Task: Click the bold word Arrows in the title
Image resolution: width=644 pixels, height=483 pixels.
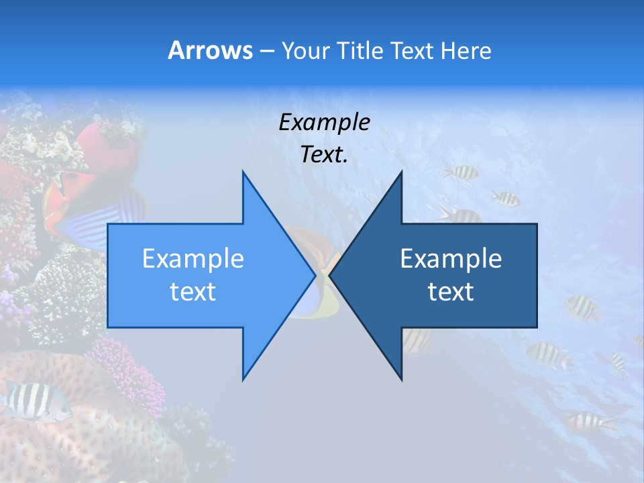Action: click(x=210, y=50)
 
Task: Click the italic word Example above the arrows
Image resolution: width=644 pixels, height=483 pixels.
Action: click(x=324, y=123)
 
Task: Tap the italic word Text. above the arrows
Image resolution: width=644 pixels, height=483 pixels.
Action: click(x=324, y=155)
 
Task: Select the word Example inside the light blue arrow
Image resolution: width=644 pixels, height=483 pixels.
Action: click(x=193, y=259)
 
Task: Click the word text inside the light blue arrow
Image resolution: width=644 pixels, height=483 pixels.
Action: click(x=193, y=292)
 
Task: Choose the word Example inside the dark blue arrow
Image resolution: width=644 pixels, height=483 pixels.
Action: click(x=451, y=259)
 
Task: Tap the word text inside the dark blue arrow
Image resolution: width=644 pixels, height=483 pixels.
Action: click(x=451, y=292)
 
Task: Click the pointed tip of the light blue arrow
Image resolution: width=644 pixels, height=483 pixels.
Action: click(x=314, y=276)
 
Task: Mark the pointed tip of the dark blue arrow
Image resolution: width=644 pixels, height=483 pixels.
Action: click(x=331, y=276)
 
